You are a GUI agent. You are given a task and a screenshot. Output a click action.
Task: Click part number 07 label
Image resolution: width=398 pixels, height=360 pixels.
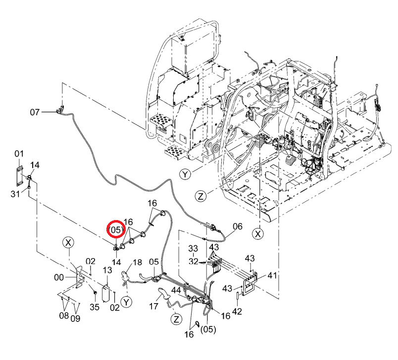(35, 112)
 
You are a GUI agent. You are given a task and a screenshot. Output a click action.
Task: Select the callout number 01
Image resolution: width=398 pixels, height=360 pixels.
(19, 153)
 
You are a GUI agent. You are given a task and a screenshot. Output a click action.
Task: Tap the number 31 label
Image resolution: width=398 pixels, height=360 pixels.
(15, 194)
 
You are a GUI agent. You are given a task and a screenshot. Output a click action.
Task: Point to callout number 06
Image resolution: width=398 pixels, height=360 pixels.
(238, 226)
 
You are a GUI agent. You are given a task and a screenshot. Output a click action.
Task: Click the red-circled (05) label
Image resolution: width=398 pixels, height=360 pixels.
(116, 229)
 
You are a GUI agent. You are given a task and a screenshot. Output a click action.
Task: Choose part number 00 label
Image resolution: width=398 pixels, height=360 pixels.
(59, 277)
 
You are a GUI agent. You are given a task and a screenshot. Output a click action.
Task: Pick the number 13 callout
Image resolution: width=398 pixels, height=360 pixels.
(107, 270)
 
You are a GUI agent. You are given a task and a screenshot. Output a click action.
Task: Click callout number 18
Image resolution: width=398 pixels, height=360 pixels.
(137, 262)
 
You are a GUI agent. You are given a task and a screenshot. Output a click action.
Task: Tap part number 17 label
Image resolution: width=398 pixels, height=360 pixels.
(153, 306)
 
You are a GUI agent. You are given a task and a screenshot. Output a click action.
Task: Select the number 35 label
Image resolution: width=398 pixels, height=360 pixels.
(95, 307)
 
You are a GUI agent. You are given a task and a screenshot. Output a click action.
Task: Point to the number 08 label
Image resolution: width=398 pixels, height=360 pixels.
(64, 315)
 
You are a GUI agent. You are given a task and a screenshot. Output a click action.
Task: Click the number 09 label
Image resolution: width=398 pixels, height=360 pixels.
(75, 318)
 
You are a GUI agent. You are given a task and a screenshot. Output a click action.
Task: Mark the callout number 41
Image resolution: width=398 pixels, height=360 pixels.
(272, 275)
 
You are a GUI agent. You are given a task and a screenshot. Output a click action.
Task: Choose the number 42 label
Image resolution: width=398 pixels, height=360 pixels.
(237, 312)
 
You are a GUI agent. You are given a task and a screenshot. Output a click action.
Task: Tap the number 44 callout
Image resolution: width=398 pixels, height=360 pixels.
(176, 291)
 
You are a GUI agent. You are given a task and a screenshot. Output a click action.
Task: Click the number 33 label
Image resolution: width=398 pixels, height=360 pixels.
(193, 248)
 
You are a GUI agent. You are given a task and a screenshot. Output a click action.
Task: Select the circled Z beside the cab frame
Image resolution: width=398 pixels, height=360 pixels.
(201, 196)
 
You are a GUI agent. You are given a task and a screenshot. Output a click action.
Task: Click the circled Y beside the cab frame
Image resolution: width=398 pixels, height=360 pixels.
(185, 175)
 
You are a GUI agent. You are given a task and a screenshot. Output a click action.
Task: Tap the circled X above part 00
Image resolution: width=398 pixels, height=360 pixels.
(68, 243)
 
